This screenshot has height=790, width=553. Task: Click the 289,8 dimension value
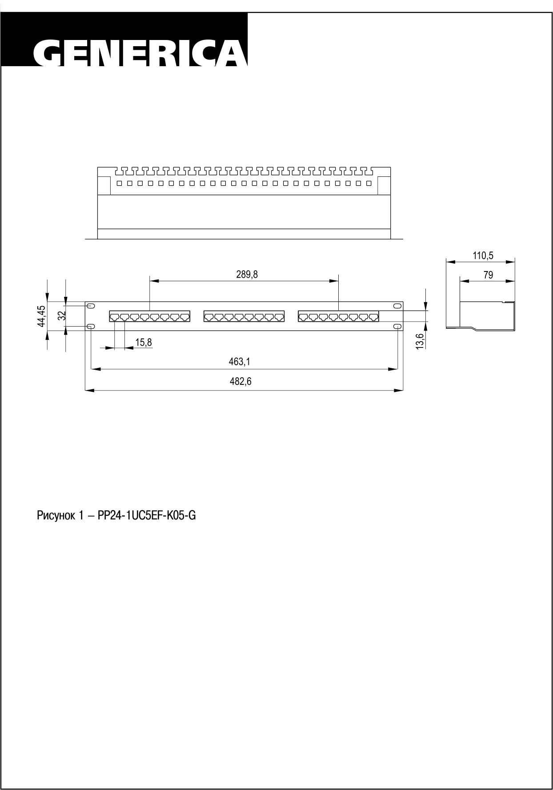point(247,274)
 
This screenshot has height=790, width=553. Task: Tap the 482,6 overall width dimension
point(240,381)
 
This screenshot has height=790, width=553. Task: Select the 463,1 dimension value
point(240,362)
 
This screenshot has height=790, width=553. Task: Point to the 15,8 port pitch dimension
point(144,342)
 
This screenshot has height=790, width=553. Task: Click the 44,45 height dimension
point(41,316)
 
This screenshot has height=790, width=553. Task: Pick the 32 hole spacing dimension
point(62,315)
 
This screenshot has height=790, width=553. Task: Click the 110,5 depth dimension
point(483,255)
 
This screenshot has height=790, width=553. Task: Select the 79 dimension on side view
point(488,275)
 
